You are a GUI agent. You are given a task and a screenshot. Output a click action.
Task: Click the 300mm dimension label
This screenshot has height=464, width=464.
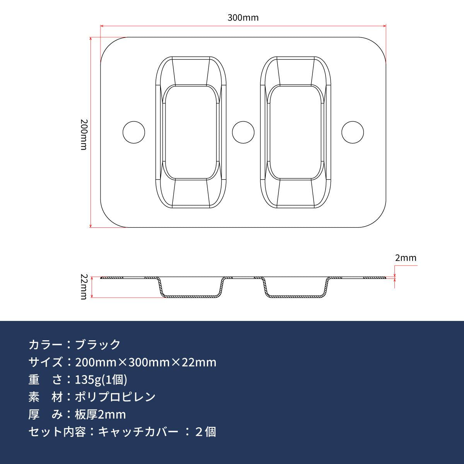(243, 18)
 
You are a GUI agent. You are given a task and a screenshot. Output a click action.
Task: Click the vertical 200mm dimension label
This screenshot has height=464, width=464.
(84, 135)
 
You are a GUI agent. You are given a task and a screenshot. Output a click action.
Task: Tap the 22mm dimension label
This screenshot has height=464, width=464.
(84, 287)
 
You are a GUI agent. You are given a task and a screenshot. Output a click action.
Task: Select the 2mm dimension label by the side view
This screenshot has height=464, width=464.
(406, 258)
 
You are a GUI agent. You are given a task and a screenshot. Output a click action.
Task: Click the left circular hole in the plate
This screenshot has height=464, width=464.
(134, 132)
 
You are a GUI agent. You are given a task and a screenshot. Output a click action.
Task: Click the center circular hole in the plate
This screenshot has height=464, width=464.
(243, 132)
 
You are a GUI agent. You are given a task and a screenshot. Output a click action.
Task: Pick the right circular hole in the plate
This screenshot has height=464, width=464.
(353, 132)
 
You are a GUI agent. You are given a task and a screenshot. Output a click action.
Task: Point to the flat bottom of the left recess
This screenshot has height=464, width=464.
(191, 132)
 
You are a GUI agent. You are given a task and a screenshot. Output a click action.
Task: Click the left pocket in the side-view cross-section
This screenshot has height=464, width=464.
(191, 296)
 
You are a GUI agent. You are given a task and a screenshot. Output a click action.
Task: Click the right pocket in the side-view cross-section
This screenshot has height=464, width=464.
(295, 296)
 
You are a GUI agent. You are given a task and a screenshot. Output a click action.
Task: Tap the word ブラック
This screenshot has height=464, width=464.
(98, 345)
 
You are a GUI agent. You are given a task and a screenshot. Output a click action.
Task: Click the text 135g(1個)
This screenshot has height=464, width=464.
(101, 380)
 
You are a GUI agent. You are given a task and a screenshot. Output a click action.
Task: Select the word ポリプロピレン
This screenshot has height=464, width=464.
(115, 397)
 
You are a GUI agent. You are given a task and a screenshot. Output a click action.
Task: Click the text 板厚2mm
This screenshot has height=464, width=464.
(101, 415)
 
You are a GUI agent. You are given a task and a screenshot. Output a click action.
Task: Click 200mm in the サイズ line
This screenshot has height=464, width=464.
(96, 362)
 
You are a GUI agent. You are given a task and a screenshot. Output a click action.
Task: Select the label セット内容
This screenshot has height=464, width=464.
(57, 432)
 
